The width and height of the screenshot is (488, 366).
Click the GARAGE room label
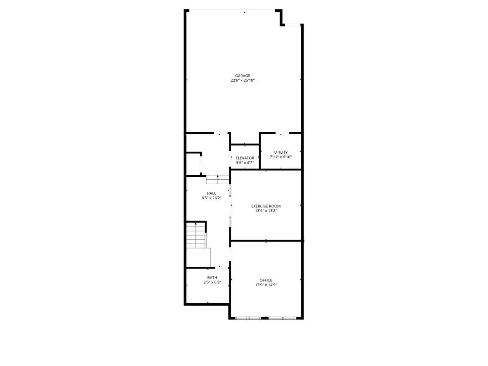pos(242,76)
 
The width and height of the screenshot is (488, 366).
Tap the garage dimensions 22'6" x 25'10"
pos(242,81)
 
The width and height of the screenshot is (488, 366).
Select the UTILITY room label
pos(281,152)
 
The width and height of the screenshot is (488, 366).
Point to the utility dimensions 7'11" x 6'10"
pos(281,157)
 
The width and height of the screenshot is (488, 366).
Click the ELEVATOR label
pos(245,158)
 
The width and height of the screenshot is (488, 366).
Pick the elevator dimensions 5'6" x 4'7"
pos(245,163)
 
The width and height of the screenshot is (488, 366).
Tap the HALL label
pos(211,193)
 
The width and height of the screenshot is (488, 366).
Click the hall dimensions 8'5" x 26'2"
pos(211,198)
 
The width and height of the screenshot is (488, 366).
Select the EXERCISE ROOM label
pos(266,206)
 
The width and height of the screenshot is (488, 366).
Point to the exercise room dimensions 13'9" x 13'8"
pos(266,211)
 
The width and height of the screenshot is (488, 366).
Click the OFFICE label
pos(266,280)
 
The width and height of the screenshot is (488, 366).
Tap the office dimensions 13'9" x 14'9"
pos(266,285)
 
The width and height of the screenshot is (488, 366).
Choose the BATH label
pos(212,278)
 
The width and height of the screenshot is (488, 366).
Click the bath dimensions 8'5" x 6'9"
pos(212,282)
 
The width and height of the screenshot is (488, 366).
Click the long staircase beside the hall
pos(196,235)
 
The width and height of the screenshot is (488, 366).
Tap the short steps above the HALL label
pos(218,180)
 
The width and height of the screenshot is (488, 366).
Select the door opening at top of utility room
pos(282,133)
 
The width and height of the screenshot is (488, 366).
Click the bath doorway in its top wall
pos(222,268)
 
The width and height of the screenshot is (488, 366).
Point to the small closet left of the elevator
pos(193,164)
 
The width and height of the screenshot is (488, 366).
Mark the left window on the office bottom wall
pos(248,318)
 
